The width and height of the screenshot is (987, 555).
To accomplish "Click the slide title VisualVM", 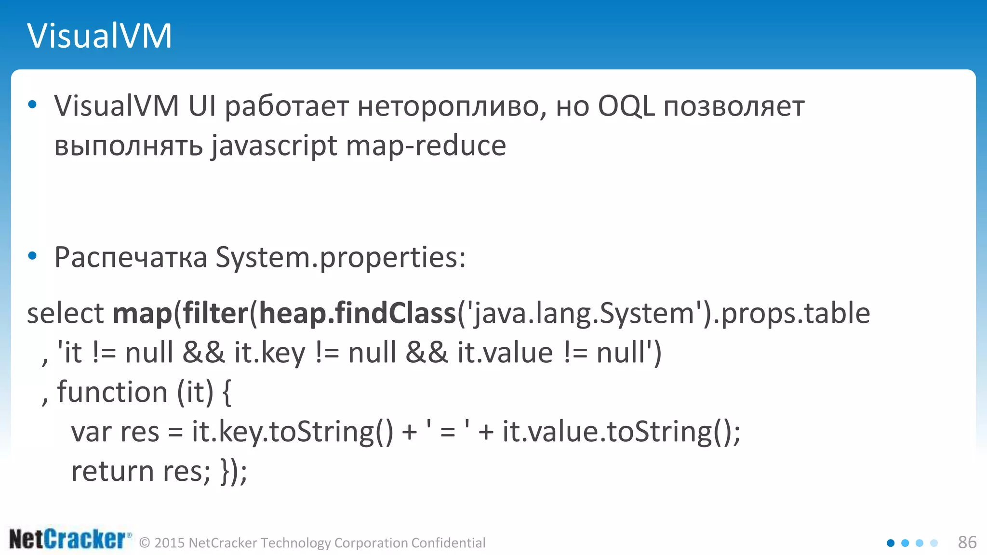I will (99, 36).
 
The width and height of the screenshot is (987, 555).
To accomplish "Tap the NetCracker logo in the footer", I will (70, 539).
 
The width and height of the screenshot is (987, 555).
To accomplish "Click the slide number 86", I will (967, 542).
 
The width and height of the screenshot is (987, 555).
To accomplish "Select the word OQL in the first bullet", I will (626, 106).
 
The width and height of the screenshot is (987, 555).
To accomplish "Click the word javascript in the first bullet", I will (274, 146).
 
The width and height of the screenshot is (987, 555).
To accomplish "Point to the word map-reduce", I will (426, 146).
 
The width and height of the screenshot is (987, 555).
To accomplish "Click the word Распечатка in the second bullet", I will (131, 257).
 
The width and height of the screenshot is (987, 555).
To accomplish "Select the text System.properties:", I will (340, 258).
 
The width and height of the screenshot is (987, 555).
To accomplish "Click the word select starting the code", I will (65, 314).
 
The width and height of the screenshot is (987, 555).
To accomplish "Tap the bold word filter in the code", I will (215, 314).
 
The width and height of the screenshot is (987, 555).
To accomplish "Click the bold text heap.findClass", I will (357, 314).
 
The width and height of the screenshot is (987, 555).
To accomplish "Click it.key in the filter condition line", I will (270, 353).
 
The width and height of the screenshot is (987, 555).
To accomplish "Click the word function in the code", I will (112, 392).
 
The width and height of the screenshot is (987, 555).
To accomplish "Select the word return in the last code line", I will (112, 471).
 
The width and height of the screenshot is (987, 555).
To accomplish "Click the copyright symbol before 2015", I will (145, 543).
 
